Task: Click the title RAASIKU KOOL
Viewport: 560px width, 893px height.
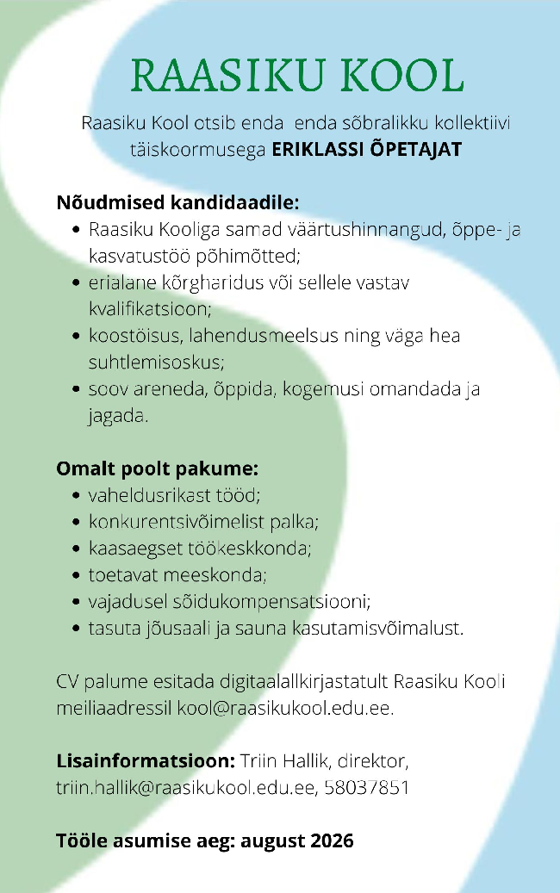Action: [x=297, y=76]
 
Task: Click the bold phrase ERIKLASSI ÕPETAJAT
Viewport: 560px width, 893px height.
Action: [x=367, y=149]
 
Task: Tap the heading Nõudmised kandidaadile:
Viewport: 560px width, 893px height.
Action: [x=177, y=204]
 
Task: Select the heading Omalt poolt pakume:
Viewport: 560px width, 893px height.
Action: [x=157, y=469]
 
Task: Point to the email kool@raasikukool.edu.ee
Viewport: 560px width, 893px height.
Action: [x=285, y=710]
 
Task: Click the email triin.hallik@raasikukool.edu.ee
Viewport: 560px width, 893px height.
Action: [x=186, y=787]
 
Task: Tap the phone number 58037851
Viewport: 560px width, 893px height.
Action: [x=366, y=787]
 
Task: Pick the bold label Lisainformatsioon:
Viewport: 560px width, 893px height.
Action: [x=145, y=762]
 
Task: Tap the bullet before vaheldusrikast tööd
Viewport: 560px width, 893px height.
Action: [x=77, y=496]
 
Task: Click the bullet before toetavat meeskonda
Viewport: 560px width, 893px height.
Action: [x=77, y=574]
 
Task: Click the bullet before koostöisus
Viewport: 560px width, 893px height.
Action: [x=77, y=335]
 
